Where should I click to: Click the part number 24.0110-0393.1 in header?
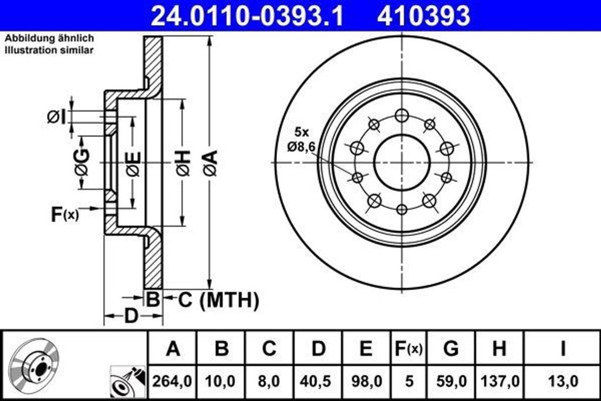[247, 16]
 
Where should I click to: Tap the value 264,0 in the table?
[172, 381]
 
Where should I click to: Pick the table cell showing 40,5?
[318, 381]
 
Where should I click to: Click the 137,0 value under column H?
[499, 381]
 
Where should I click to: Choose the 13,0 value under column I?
[562, 381]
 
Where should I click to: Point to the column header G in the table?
[450, 349]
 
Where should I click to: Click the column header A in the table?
[172, 349]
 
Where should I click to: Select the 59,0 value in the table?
[450, 381]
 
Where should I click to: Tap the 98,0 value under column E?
[366, 381]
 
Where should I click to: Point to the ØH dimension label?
[183, 163]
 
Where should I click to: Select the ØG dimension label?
[82, 163]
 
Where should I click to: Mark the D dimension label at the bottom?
[131, 316]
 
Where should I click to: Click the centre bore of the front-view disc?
[401, 163]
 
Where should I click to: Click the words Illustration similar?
[49, 50]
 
